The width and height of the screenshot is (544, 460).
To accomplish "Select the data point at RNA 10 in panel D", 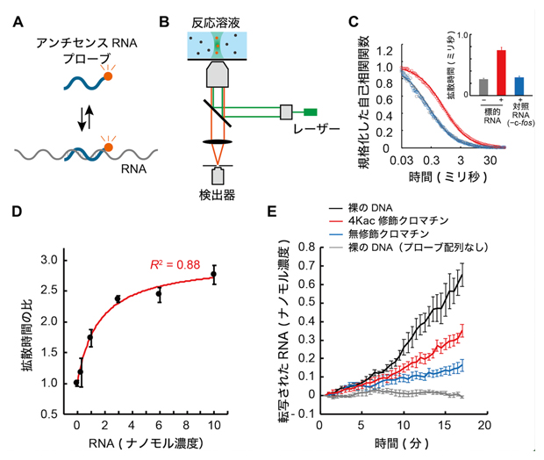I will (x=213, y=274).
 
